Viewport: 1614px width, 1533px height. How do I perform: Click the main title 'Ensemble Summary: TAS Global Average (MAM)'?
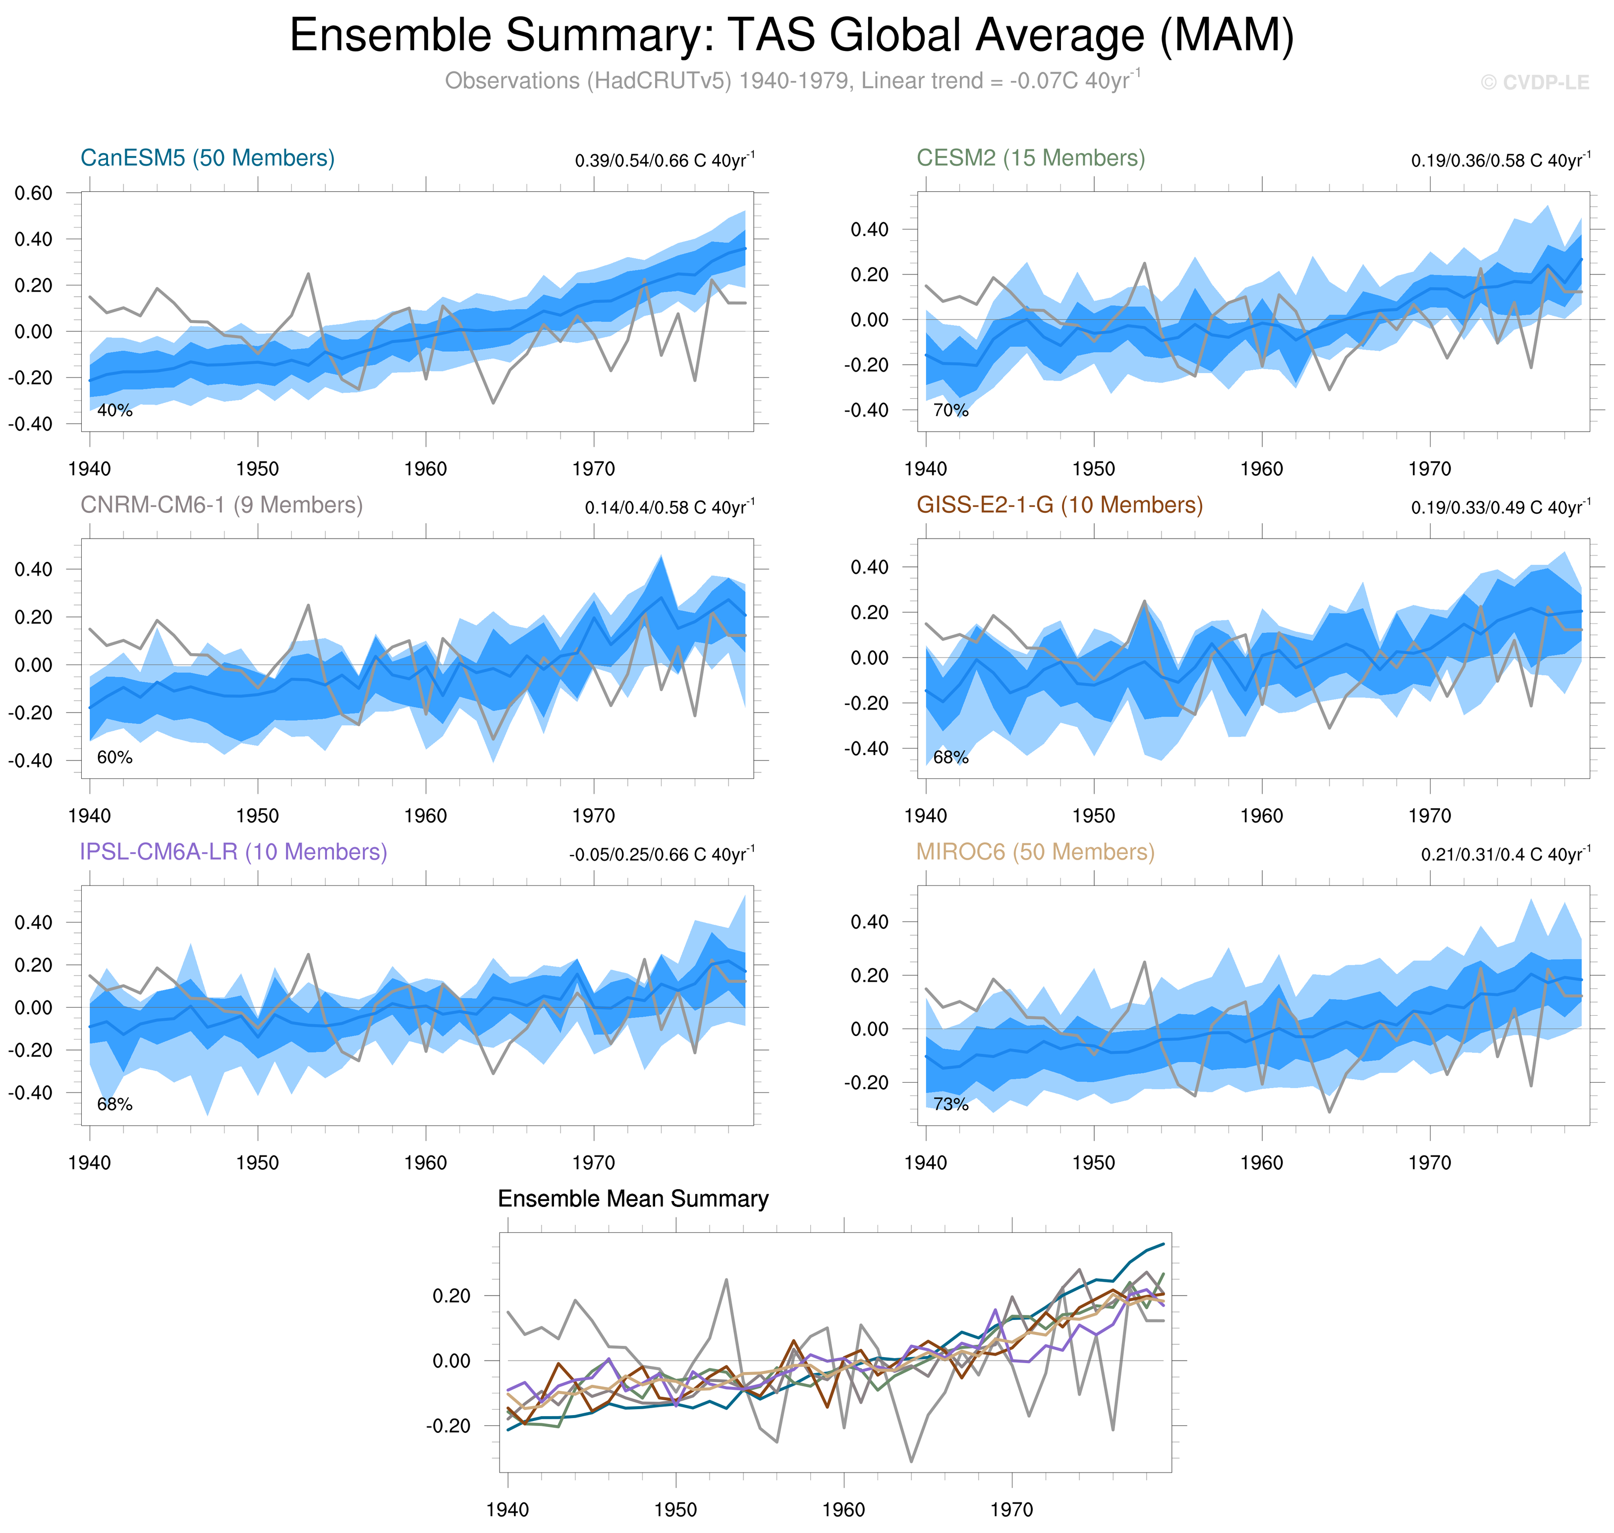click(x=791, y=36)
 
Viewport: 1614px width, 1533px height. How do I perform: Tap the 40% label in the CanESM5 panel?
click(x=114, y=411)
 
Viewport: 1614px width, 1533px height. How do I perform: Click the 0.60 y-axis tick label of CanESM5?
click(x=34, y=194)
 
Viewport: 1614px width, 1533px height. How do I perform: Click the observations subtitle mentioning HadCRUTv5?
click(x=791, y=81)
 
